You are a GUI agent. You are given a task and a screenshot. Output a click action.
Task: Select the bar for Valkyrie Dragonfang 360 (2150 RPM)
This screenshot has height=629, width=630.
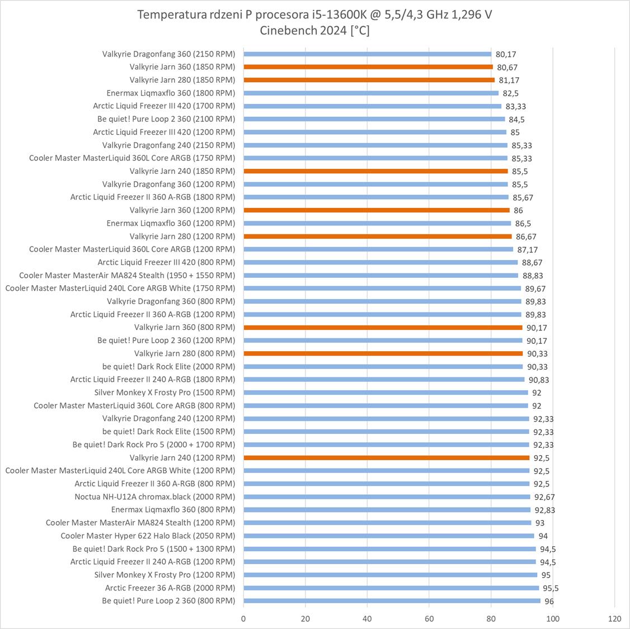pyautogui.click(x=368, y=54)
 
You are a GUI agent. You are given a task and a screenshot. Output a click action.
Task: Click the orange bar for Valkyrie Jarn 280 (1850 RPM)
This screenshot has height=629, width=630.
pyautogui.click(x=369, y=80)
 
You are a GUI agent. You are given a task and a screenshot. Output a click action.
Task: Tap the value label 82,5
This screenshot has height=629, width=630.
pyautogui.click(x=510, y=93)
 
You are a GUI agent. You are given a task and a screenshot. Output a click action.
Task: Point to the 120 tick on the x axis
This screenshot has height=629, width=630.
pyautogui.click(x=614, y=618)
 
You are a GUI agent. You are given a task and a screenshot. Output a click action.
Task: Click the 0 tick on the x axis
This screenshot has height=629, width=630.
pyautogui.click(x=243, y=618)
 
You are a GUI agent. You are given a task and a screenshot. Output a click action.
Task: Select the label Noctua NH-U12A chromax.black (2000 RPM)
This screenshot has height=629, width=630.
pyautogui.click(x=155, y=496)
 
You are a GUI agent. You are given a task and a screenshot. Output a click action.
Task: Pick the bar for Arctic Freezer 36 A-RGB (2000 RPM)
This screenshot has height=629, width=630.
pyautogui.click(x=391, y=588)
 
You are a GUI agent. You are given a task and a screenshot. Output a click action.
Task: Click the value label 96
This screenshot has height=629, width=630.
pyautogui.click(x=549, y=601)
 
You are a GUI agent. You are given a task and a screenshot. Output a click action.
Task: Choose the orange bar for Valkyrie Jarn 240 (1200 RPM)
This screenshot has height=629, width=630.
pyautogui.click(x=386, y=457)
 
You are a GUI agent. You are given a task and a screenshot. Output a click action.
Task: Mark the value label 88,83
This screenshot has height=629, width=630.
pyautogui.click(x=533, y=276)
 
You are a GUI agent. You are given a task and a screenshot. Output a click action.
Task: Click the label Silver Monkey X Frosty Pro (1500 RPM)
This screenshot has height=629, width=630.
pyautogui.click(x=164, y=392)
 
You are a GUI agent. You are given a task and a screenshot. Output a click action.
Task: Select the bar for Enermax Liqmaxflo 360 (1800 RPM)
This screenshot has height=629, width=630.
pyautogui.click(x=371, y=93)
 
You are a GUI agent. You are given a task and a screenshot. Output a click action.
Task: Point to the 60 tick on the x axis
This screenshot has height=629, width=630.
pyautogui.click(x=429, y=618)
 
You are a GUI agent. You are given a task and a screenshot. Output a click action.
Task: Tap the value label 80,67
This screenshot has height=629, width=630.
pyautogui.click(x=507, y=67)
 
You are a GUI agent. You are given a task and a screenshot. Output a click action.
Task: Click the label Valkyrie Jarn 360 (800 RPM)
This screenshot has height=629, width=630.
pyautogui.click(x=185, y=327)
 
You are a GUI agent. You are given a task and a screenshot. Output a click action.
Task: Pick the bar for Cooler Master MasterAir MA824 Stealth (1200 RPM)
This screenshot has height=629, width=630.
pyautogui.click(x=387, y=523)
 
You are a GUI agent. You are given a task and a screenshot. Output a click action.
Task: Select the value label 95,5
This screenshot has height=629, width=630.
pyautogui.click(x=551, y=588)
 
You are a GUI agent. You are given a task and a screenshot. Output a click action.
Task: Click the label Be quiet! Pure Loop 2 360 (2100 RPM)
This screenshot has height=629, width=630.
pyautogui.click(x=166, y=119)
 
